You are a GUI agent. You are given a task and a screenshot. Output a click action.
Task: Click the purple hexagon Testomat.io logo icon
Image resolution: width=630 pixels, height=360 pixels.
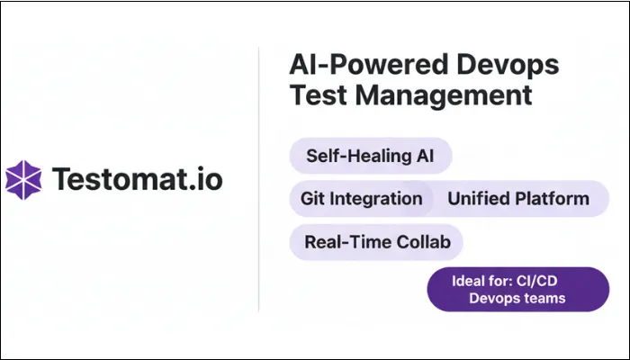click(x=23, y=179)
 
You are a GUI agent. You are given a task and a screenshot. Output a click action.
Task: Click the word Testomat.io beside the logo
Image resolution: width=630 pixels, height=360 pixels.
click(x=138, y=178)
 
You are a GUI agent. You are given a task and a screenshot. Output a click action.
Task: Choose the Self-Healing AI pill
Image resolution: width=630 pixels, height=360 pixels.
click(x=370, y=155)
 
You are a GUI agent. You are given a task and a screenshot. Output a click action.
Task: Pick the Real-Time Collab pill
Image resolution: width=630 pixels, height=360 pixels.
click(x=376, y=241)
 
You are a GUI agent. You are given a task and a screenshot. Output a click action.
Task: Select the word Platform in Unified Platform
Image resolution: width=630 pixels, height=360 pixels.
click(x=553, y=198)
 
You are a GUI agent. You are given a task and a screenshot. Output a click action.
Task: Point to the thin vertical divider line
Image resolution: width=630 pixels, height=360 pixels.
click(x=259, y=180)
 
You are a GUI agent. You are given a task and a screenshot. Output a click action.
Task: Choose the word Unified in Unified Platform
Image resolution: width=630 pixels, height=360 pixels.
click(x=479, y=198)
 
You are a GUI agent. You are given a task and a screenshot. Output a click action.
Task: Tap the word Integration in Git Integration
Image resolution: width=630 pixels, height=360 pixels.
click(x=380, y=198)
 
